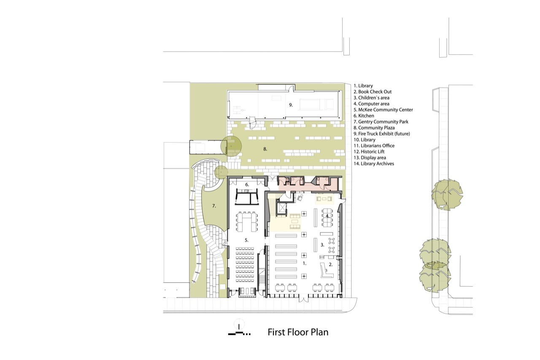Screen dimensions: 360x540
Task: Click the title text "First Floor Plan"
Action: pyautogui.click(x=298, y=332)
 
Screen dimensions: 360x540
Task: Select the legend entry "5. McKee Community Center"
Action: pyautogui.click(x=383, y=110)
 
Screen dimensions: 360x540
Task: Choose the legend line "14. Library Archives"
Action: pyautogui.click(x=374, y=163)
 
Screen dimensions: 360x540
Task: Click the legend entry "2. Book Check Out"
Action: pyautogui.click(x=373, y=92)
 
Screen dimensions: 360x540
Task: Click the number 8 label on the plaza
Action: pyautogui.click(x=265, y=149)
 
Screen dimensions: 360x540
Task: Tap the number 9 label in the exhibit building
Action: pyautogui.click(x=290, y=105)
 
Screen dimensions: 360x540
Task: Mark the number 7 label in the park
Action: pyautogui.click(x=214, y=206)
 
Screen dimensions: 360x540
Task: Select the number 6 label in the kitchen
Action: pyautogui.click(x=247, y=185)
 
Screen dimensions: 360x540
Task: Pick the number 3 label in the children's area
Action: pyautogui.click(x=323, y=244)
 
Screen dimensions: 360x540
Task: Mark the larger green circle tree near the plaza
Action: pyautogui.click(x=232, y=146)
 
